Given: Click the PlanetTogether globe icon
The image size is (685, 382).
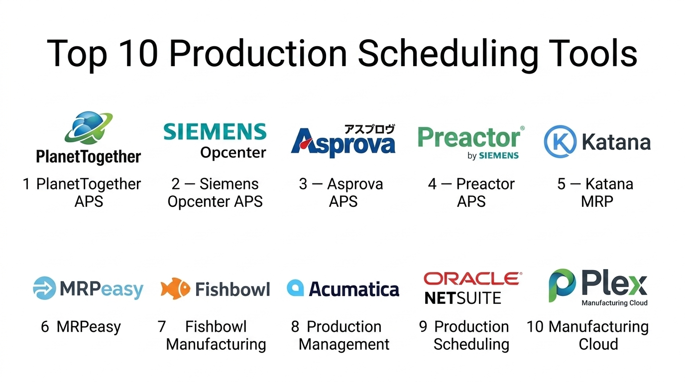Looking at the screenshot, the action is click(89, 127).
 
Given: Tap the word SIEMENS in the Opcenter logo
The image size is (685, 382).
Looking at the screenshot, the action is click(215, 131).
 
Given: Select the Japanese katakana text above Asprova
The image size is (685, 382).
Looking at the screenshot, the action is click(370, 129).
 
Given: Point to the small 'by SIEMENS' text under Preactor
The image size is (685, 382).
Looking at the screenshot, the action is click(493, 156).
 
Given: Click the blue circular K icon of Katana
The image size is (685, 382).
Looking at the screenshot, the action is click(560, 141).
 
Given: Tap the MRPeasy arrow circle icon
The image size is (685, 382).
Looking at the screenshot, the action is click(44, 288).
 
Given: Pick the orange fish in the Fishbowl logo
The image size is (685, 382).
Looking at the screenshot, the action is click(175, 288).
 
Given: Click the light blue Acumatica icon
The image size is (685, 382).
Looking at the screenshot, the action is click(295, 287).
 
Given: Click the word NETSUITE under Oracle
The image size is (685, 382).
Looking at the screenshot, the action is click(462, 298).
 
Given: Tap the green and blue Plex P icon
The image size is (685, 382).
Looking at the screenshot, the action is click(562, 286).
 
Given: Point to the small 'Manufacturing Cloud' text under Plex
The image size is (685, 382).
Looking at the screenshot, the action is click(614, 303).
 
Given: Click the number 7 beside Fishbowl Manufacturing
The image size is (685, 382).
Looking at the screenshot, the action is click(162, 327).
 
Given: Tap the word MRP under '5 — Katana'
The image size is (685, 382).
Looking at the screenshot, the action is click(597, 202).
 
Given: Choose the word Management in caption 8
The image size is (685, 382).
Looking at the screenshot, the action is click(343, 344).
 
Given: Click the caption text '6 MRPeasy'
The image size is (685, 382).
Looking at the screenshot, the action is click(81, 327).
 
